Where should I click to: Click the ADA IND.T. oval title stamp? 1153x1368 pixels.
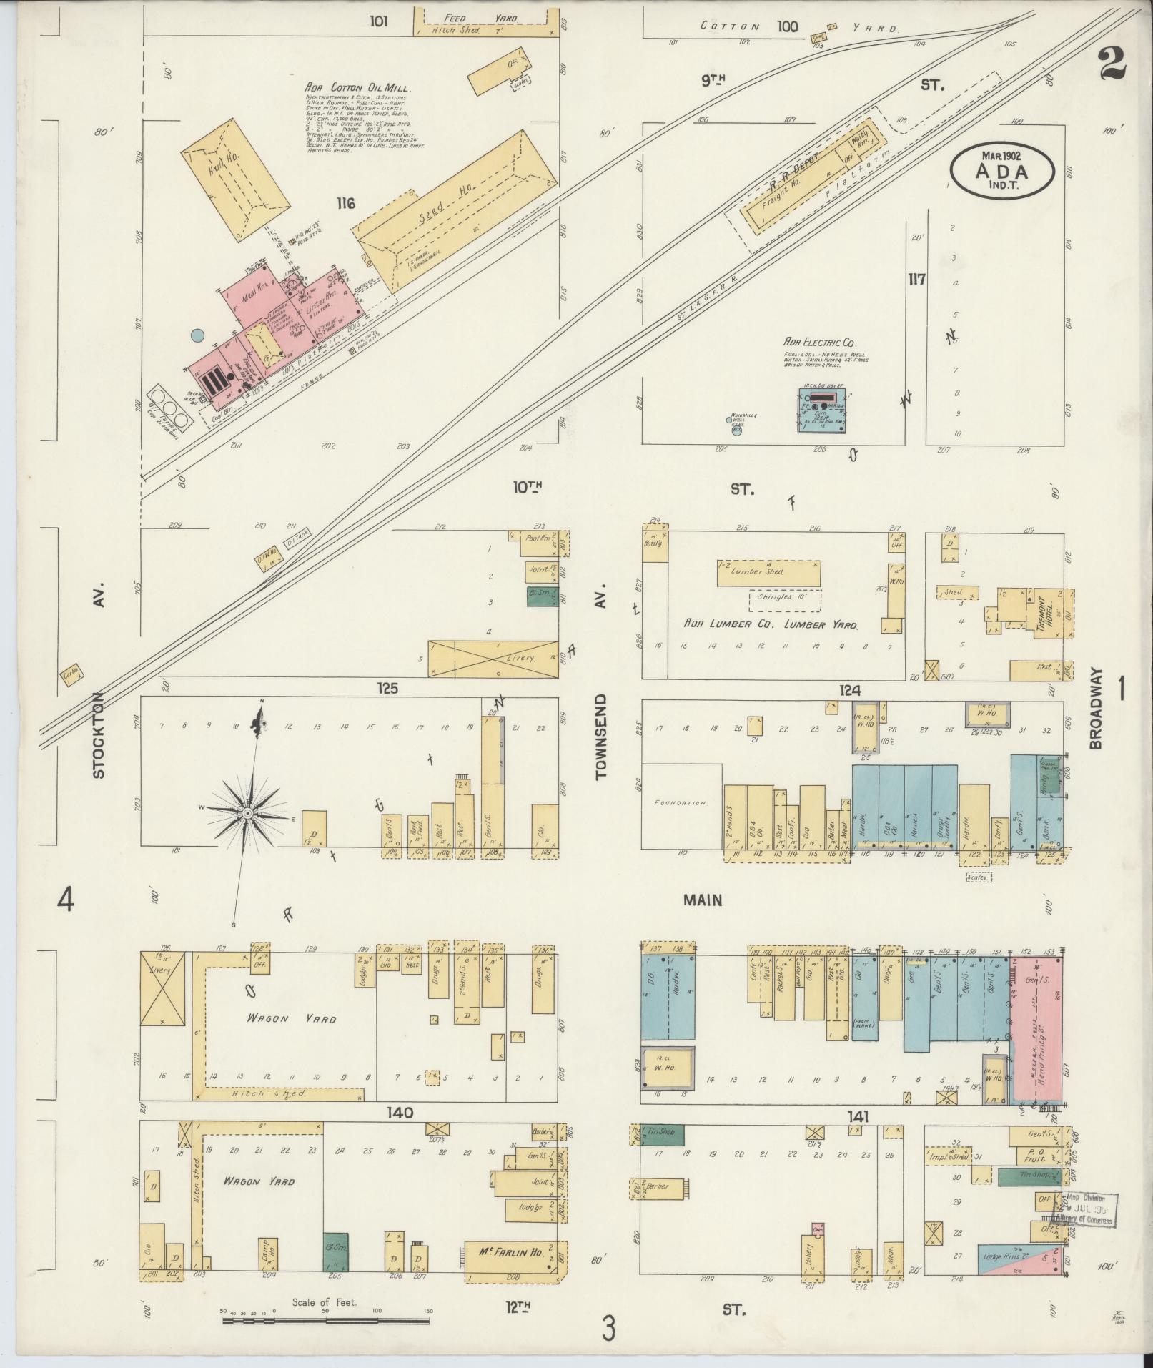(x=1002, y=170)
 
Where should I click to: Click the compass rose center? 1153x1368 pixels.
(x=247, y=814)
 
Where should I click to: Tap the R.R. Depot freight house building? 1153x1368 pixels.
(x=801, y=187)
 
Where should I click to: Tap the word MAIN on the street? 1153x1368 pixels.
(x=702, y=900)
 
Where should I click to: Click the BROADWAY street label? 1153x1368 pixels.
(x=1097, y=708)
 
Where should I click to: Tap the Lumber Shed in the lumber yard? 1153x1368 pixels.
(x=768, y=572)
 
